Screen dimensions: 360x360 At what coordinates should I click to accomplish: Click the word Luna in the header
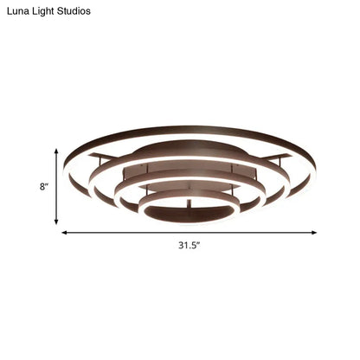coord(19,11)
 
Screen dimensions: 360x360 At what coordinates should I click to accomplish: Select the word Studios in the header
coord(88,11)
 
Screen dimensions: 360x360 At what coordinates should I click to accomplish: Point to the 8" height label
coord(40,185)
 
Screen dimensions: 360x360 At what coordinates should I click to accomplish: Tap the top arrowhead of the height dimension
coord(58,152)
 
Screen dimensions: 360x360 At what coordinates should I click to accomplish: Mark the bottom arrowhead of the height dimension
coord(58,220)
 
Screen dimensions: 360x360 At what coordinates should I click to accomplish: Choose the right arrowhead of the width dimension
coord(313,232)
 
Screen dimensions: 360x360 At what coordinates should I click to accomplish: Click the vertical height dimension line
coord(58,186)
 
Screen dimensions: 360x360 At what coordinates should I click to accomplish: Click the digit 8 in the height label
coord(38,185)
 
